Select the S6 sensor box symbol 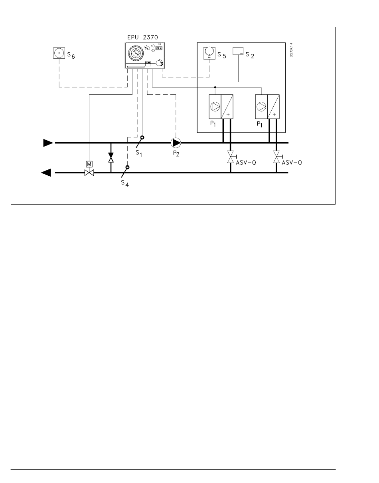(59, 53)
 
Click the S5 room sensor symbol (209, 53)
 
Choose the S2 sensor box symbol (238, 51)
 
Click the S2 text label (250, 55)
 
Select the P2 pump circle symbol (176, 143)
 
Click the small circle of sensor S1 (142, 137)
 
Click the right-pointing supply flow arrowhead (48, 143)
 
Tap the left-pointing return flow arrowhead (46, 173)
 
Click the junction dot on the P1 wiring (215, 87)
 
